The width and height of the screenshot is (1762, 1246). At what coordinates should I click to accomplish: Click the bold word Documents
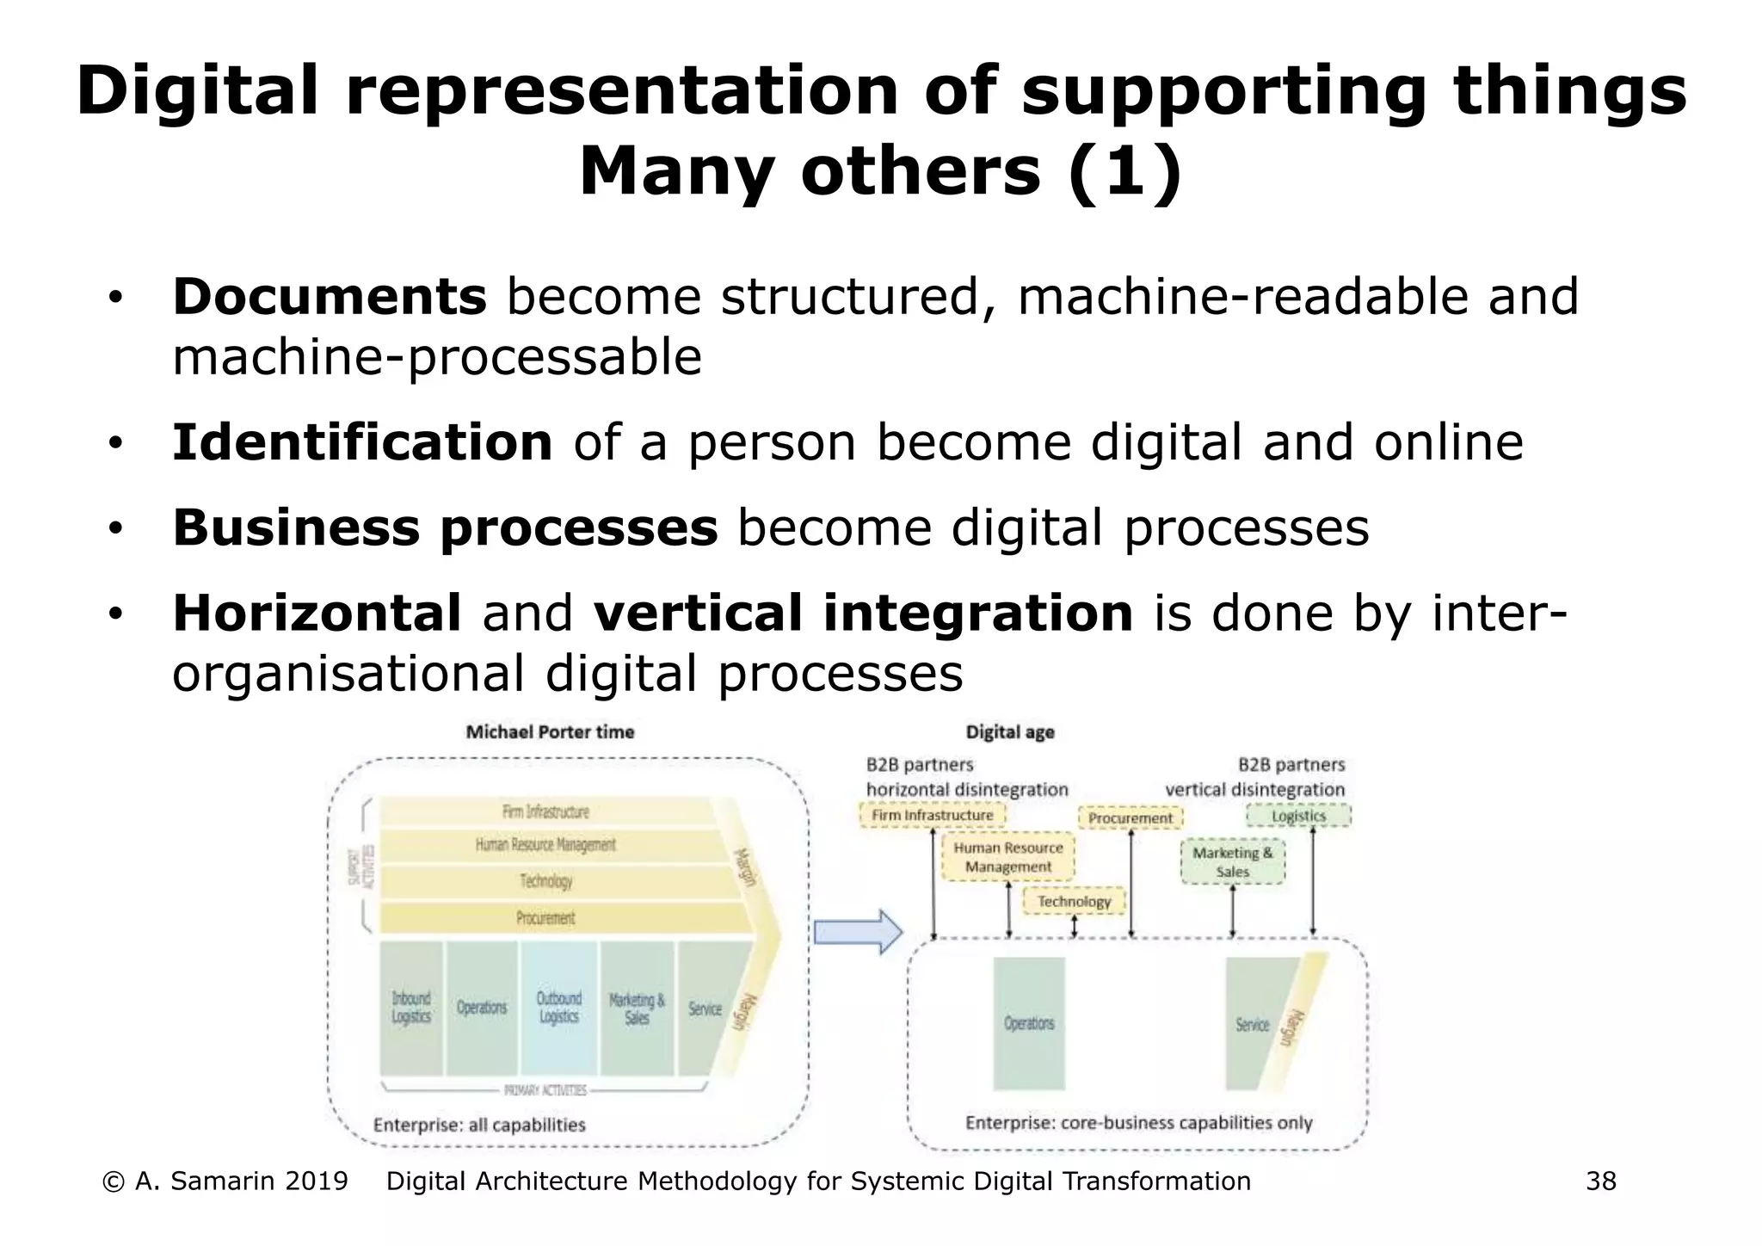coord(330,297)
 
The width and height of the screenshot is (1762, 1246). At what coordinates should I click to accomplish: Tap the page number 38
coord(1601,1181)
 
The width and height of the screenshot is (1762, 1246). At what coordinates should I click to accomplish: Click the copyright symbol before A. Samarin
coord(113,1181)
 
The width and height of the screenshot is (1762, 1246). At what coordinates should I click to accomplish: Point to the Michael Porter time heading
coord(550,732)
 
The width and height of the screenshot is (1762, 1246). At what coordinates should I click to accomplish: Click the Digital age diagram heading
coord(1010,732)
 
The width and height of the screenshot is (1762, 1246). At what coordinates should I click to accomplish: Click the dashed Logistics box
coord(1298,816)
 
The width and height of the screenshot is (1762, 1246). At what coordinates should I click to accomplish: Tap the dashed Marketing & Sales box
coord(1232,862)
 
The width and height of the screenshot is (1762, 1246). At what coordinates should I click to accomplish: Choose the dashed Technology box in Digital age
coord(1074,901)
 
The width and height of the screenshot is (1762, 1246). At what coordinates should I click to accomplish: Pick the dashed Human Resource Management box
coord(1007,857)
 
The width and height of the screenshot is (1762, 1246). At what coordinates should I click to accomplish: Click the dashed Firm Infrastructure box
coord(932,815)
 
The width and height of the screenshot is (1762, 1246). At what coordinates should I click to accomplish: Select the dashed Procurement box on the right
coord(1131,818)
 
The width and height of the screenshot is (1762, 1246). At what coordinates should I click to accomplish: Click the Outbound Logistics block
coord(559,1008)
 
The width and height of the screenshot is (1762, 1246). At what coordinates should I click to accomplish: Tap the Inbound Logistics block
coord(411,1008)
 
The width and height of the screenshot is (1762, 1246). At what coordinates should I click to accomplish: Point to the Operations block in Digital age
coord(1029,1024)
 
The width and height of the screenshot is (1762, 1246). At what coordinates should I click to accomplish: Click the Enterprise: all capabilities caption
coord(479,1125)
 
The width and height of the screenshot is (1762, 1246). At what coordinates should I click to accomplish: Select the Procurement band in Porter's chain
coord(545,918)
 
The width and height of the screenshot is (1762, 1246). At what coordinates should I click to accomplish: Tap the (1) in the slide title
coord(1125,171)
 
